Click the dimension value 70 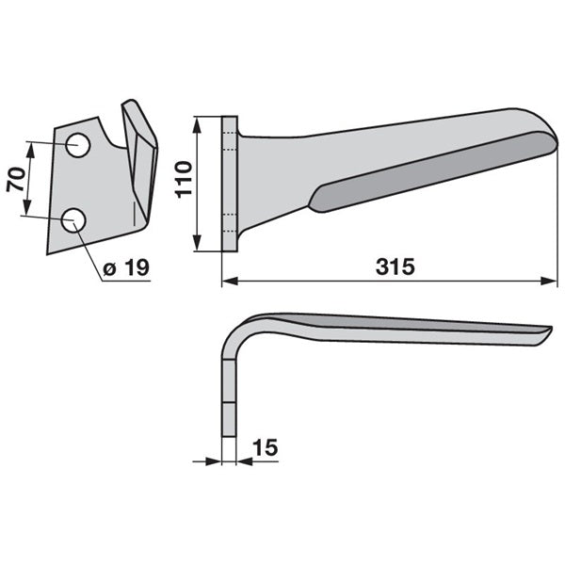coord(16,180)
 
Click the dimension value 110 coord(184,180)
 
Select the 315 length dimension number coord(395,267)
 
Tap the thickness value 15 coord(266,448)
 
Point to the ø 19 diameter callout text coord(126,267)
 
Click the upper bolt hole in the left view coord(78,145)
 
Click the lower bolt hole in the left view coord(73,219)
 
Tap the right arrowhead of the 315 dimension coord(549,281)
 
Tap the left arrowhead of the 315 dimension coord(231,281)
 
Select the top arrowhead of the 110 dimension coord(197,125)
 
